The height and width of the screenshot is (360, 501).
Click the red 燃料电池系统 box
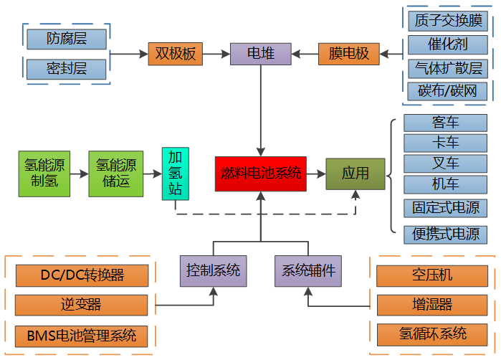pyautogui.click(x=260, y=174)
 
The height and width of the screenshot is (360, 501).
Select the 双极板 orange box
pyautogui.click(x=175, y=54)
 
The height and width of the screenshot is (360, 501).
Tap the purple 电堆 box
pyautogui.click(x=260, y=54)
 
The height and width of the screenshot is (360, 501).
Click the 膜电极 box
pyautogui.click(x=348, y=54)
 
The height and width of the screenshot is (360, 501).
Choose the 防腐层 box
pyautogui.click(x=66, y=38)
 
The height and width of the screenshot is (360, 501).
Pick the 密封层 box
pyautogui.click(x=66, y=69)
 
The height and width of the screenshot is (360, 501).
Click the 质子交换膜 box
pyautogui.click(x=447, y=19)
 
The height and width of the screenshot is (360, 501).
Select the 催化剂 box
pyautogui.click(x=447, y=44)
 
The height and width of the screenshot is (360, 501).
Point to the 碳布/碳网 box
pyautogui.click(x=447, y=91)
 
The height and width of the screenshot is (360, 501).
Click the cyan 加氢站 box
pyautogui.click(x=176, y=174)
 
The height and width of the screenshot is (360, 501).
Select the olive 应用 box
pyautogui.click(x=355, y=174)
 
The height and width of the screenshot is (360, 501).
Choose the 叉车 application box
pyautogui.click(x=445, y=163)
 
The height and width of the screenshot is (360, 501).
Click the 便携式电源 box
pyautogui.click(x=445, y=234)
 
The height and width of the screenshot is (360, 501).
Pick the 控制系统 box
pyautogui.click(x=213, y=271)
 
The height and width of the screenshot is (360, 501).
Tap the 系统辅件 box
pyautogui.click(x=307, y=271)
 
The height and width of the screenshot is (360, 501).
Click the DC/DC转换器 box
pyautogui.click(x=82, y=275)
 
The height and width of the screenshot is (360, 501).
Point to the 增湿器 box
pyautogui.click(x=432, y=305)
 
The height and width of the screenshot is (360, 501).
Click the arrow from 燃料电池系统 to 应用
pyautogui.click(x=315, y=174)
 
